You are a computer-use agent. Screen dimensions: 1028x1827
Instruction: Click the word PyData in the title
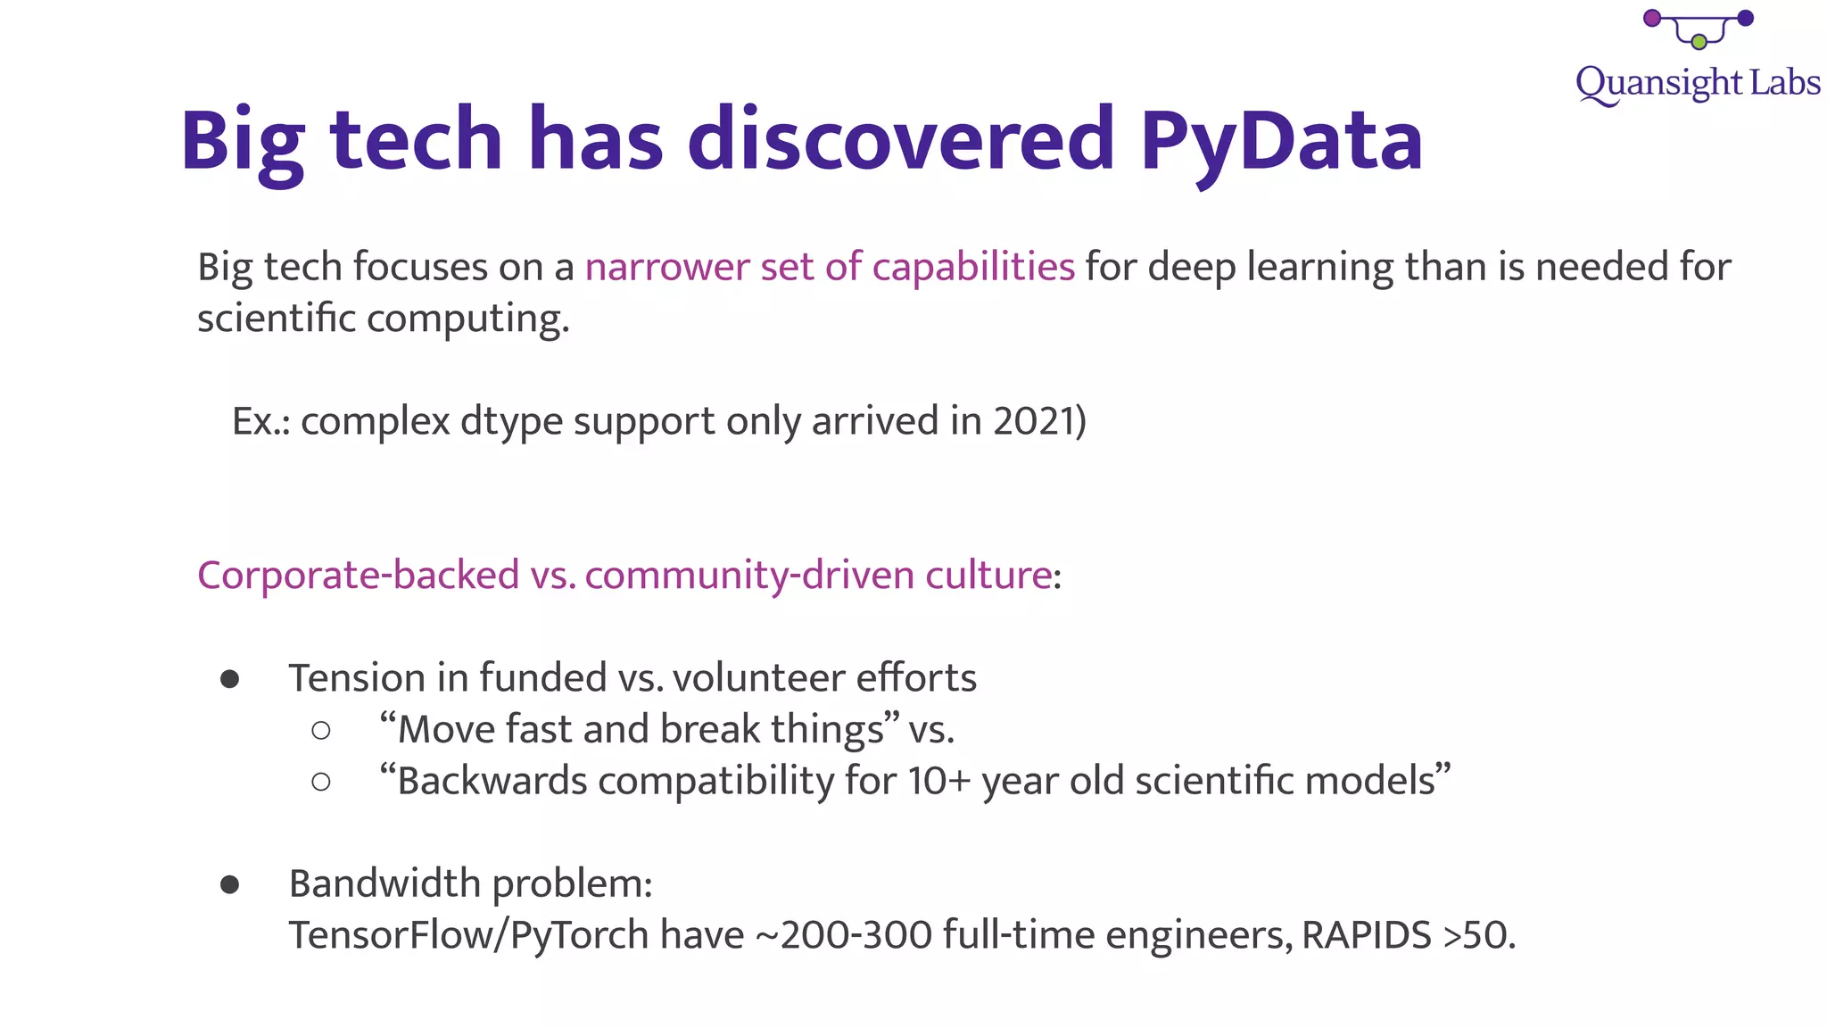(1281, 141)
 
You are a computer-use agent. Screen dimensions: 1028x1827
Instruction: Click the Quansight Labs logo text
(1697, 83)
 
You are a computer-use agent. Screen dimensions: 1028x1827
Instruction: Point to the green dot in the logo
(1699, 42)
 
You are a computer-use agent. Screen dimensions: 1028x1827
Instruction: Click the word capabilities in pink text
(973, 267)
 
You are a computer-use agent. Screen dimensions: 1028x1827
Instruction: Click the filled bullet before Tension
(230, 679)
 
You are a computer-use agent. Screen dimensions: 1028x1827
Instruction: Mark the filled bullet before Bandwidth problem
(230, 884)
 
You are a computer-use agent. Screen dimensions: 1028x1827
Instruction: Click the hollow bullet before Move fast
(321, 731)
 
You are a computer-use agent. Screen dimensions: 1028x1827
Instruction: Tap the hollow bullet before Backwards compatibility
(321, 783)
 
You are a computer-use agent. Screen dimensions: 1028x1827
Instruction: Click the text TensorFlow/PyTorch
(468, 935)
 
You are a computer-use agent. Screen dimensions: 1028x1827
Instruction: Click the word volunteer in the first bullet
(747, 678)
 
